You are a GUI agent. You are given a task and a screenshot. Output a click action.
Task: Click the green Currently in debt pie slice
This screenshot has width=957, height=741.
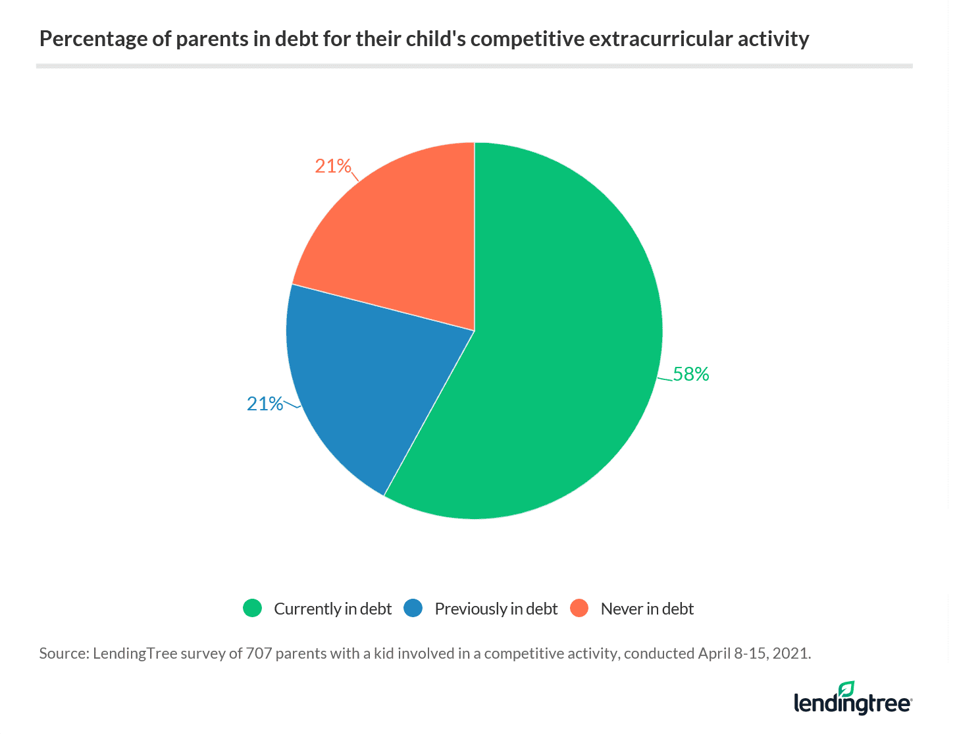[553, 356]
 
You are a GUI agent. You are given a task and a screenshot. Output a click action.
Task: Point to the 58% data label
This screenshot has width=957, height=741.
[691, 374]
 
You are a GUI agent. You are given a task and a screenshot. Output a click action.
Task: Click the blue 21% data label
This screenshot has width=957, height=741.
[265, 404]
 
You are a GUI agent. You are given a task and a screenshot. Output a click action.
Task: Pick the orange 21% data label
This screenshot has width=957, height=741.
[333, 166]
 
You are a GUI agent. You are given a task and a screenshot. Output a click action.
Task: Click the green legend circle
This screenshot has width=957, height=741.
[252, 608]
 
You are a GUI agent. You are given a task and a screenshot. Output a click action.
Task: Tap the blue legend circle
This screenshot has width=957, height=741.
[413, 608]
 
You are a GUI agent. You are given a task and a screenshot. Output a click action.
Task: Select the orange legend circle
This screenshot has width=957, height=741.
[579, 608]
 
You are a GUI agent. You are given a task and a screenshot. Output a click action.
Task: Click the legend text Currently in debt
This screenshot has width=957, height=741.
[332, 609]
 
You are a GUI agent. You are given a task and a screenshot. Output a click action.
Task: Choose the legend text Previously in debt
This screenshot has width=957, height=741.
[496, 609]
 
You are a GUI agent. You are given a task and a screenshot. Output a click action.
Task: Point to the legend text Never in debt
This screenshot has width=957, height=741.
[647, 609]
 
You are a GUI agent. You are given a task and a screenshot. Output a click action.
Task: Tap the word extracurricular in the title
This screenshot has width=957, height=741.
[665, 40]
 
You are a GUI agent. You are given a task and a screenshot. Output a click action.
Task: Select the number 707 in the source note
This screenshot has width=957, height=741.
[259, 653]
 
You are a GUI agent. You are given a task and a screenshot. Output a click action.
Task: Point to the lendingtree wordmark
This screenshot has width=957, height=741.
[852, 703]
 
